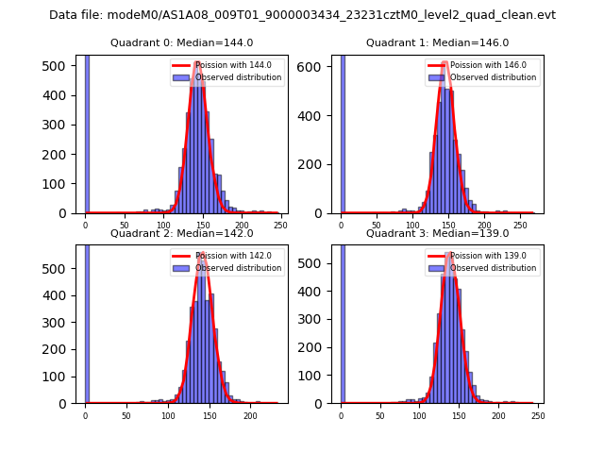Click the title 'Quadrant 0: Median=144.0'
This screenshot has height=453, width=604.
pos(181,42)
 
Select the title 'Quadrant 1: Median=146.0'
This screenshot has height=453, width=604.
pos(437,42)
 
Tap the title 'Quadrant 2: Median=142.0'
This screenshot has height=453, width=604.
pos(181,233)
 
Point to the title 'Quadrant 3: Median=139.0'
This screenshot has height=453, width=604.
pos(437,233)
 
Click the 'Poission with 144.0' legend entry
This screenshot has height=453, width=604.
pos(227,65)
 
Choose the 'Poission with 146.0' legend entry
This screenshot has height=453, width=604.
pos(482,65)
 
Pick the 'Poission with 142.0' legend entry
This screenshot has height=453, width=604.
pos(227,256)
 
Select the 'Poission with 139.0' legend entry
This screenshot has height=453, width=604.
pos(482,256)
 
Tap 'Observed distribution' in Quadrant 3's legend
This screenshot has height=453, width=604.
pos(493,268)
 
